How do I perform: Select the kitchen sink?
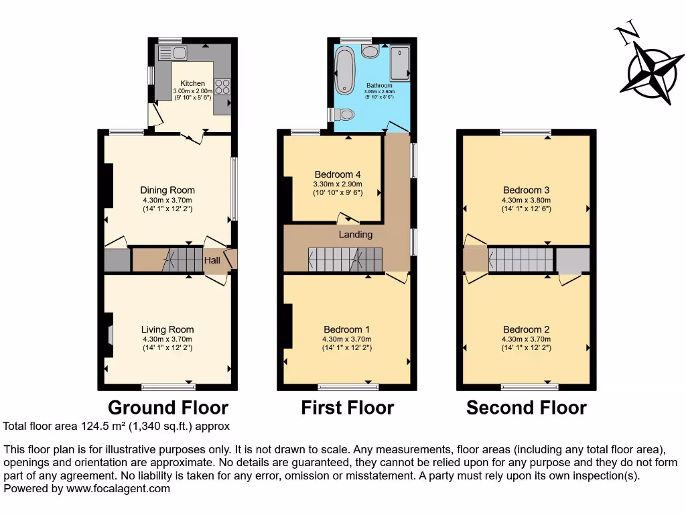click(x=171, y=53)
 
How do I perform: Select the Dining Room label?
click(x=167, y=190)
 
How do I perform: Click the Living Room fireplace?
click(x=110, y=335)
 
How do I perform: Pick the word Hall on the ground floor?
click(x=212, y=260)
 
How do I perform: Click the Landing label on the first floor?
click(x=355, y=235)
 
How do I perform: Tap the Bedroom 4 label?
click(x=338, y=175)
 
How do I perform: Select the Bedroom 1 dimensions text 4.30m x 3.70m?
click(x=346, y=339)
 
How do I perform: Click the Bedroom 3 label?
click(x=526, y=190)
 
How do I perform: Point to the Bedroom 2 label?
click(x=526, y=330)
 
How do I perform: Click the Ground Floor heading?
click(x=168, y=408)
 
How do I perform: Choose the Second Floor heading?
click(x=526, y=408)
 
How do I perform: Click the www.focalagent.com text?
click(x=117, y=489)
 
